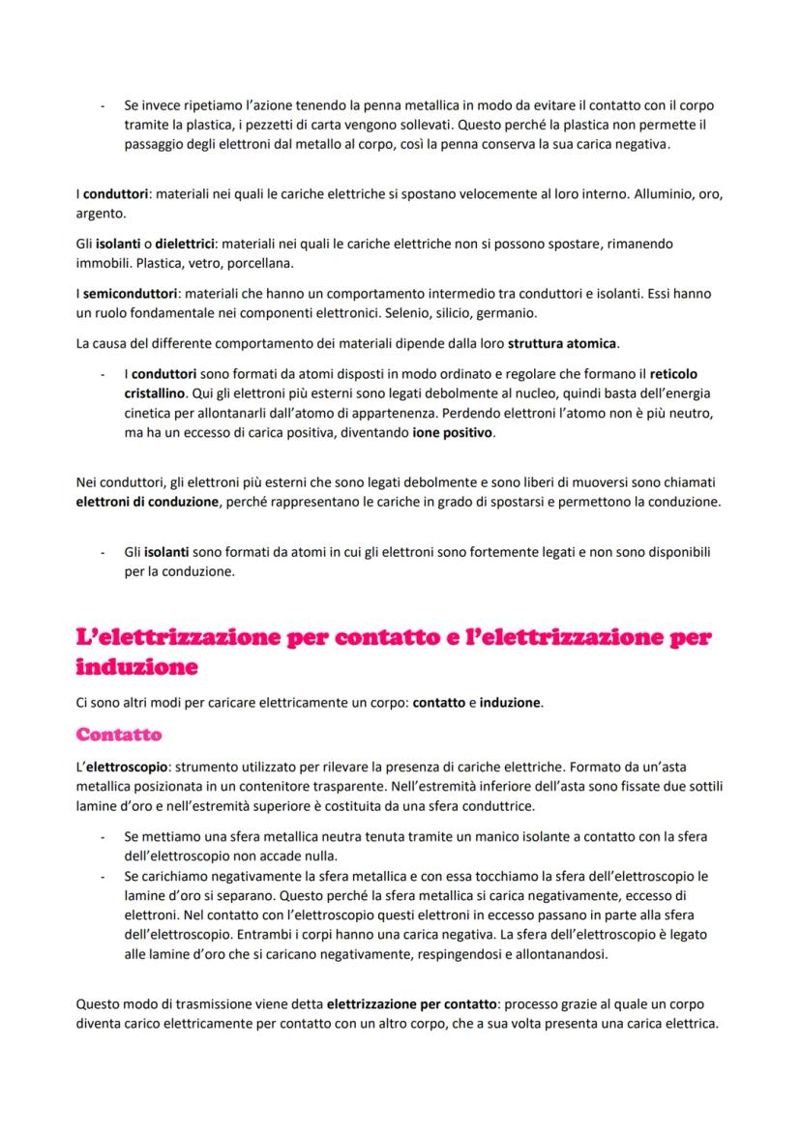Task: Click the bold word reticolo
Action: point(673,373)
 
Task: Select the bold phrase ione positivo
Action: point(453,433)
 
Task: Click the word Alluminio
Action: point(664,194)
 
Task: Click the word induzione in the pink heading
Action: point(136,667)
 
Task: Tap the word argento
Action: point(95,212)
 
